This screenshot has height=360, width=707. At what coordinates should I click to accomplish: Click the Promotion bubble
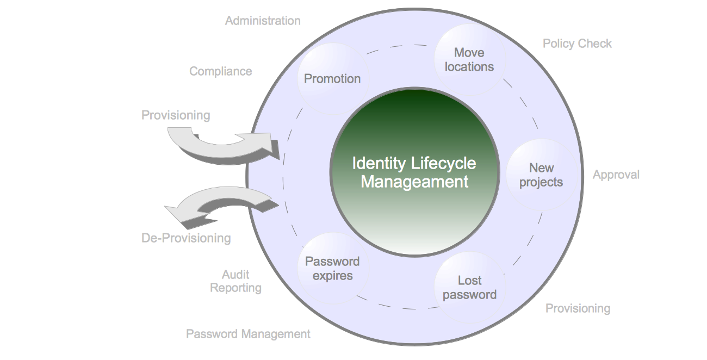pyautogui.click(x=332, y=79)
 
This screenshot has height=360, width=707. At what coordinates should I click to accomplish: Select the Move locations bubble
pyautogui.click(x=469, y=59)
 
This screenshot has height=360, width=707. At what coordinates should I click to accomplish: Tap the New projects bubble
pyautogui.click(x=541, y=175)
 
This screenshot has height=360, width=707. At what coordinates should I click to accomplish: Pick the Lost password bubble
pyautogui.click(x=469, y=288)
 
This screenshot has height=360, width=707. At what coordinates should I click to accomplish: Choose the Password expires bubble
pyautogui.click(x=332, y=268)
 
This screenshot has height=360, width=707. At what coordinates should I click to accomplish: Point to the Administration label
pyautogui.click(x=263, y=21)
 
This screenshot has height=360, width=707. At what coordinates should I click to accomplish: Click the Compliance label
pyautogui.click(x=220, y=71)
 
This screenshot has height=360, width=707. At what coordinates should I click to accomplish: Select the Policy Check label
pyautogui.click(x=577, y=44)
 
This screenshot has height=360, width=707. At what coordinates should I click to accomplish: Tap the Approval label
pyautogui.click(x=616, y=175)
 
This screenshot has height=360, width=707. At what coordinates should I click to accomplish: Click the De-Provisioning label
pyautogui.click(x=186, y=238)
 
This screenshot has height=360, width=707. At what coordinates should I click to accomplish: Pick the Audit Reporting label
pyautogui.click(x=236, y=281)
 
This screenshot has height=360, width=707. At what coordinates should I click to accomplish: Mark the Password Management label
pyautogui.click(x=248, y=333)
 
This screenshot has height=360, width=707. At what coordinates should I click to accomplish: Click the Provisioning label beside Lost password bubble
pyautogui.click(x=578, y=308)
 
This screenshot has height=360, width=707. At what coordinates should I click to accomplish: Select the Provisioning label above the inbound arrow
pyautogui.click(x=176, y=115)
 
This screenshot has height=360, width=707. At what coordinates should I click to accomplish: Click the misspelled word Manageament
pyautogui.click(x=414, y=182)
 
